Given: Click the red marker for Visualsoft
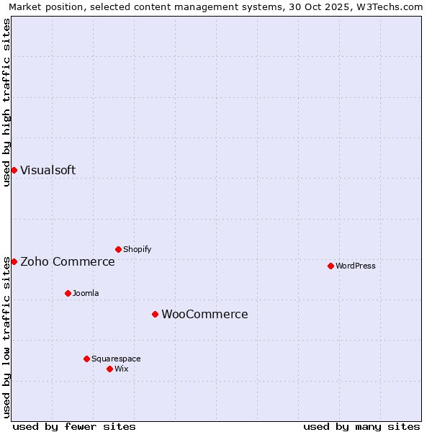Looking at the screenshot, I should (14, 170).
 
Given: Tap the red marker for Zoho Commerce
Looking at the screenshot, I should (14, 261).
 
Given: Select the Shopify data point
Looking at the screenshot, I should (118, 249).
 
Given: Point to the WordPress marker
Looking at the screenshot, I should (330, 266).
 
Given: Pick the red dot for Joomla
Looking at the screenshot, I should (68, 293).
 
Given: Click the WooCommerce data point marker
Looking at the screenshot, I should (155, 314).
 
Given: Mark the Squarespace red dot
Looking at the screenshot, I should (86, 359).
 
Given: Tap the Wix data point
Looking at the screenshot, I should (109, 369).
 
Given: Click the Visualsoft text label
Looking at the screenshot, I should (48, 171).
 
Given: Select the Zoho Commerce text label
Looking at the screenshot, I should (68, 262).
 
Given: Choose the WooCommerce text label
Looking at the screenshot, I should (204, 315).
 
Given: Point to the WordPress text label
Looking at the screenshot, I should (356, 266).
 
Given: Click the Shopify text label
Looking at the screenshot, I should (137, 250).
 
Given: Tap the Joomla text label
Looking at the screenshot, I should (86, 294).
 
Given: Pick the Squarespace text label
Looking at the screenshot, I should (116, 359).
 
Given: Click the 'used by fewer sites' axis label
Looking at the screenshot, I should (74, 426).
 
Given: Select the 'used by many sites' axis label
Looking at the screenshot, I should (361, 426).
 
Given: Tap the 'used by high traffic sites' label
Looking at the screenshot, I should (6, 102).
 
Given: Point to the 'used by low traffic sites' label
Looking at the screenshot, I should (6, 337).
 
